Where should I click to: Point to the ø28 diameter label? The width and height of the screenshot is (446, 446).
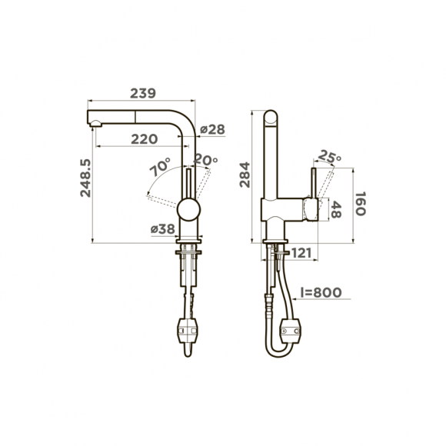click(x=212, y=129)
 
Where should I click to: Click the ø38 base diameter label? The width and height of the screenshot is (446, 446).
click(x=162, y=228)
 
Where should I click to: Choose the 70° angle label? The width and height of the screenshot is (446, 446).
click(x=160, y=167)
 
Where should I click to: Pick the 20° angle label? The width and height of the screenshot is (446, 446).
click(x=205, y=160)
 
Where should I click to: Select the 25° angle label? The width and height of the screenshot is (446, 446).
click(x=329, y=157)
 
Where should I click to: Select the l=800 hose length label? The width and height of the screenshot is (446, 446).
click(x=321, y=293)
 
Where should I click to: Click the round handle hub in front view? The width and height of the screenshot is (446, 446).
click(x=189, y=209)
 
